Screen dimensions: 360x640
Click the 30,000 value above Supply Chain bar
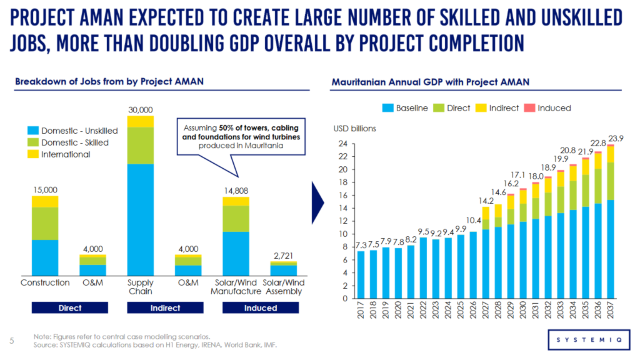pyautogui.click(x=140, y=110)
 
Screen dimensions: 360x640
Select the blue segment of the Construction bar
pyautogui.click(x=45, y=257)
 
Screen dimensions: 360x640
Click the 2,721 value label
pyautogui.click(x=283, y=256)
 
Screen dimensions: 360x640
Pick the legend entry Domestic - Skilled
pyautogui.click(x=72, y=142)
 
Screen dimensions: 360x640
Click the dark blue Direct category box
pyautogui.click(x=70, y=307)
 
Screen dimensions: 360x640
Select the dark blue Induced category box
pyautogui.click(x=261, y=307)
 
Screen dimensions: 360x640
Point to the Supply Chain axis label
pyautogui.click(x=140, y=287)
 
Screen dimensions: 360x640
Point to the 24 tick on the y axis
pyautogui.click(x=342, y=143)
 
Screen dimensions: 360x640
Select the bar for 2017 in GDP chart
pyautogui.click(x=361, y=274)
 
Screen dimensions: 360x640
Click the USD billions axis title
pyautogui.click(x=355, y=129)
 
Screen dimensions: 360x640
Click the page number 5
pyautogui.click(x=12, y=341)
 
